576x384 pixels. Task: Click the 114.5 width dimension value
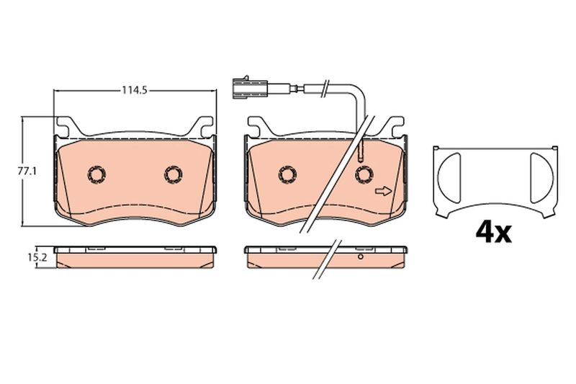135,90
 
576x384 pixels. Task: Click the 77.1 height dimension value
27,171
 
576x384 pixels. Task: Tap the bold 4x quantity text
493,232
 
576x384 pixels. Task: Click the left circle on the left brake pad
97,174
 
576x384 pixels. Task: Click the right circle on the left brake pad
174,174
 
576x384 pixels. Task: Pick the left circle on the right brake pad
288,174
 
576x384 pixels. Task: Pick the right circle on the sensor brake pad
364,174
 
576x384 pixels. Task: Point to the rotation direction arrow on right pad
384,191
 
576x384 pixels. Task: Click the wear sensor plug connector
250,88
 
